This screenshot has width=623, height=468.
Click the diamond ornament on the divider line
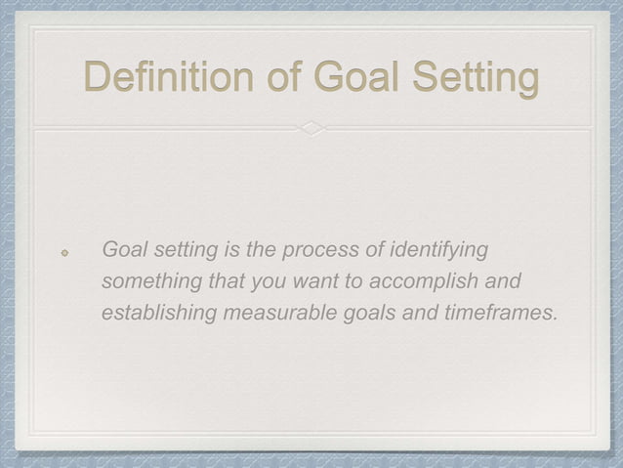coord(311,128)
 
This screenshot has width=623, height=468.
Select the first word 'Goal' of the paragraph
coord(123,250)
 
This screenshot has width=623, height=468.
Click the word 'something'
coord(146,282)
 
